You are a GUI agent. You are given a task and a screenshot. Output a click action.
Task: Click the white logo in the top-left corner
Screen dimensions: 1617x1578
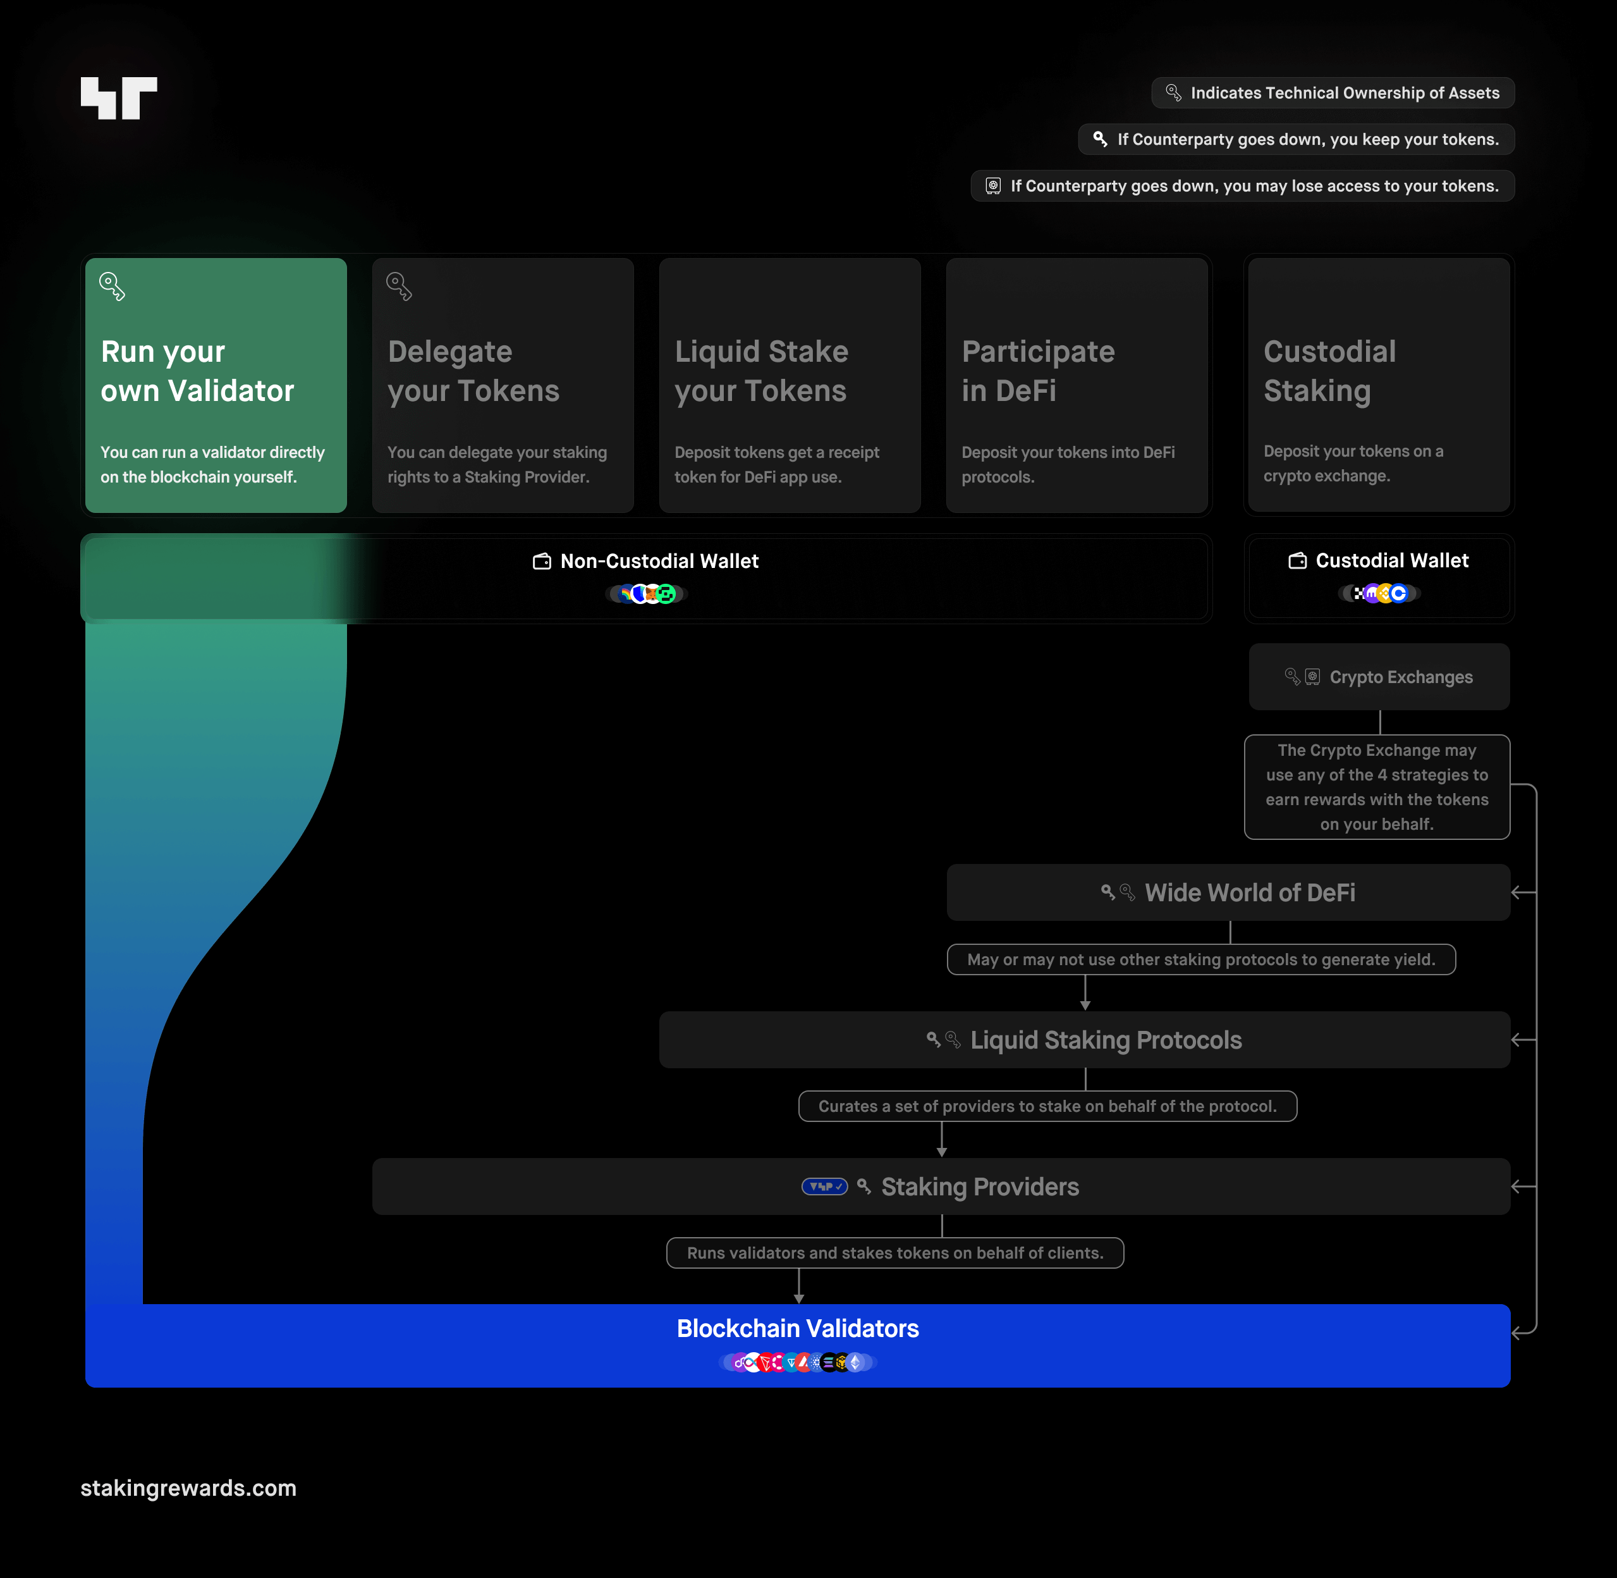pyautogui.click(x=118, y=98)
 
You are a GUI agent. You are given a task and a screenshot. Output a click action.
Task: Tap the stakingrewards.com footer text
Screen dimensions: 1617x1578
pyautogui.click(x=188, y=1488)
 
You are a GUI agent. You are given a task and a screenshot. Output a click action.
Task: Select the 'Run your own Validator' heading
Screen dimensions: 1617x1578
pyautogui.click(x=197, y=371)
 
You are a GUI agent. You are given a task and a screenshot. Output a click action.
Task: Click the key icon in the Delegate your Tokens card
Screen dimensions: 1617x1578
pyautogui.click(x=398, y=287)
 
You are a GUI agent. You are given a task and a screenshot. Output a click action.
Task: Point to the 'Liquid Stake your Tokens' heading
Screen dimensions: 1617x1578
pyautogui.click(x=761, y=371)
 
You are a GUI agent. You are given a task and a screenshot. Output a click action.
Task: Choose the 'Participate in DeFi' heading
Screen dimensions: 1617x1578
pyautogui.click(x=1038, y=371)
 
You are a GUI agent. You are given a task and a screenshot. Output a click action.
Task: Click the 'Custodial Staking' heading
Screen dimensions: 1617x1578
pyautogui.click(x=1329, y=371)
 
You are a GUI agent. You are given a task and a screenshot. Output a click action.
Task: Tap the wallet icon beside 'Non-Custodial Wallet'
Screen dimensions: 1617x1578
pyautogui.click(x=542, y=562)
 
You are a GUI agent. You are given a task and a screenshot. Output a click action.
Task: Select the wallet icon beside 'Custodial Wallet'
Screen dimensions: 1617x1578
pyautogui.click(x=1297, y=561)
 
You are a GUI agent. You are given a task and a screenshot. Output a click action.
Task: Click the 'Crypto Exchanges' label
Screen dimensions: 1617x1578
pyautogui.click(x=1401, y=677)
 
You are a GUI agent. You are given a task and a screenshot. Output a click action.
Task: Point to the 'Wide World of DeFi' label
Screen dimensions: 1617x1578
pyautogui.click(x=1250, y=892)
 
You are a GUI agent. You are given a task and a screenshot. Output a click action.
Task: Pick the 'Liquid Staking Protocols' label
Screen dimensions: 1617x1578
pyautogui.click(x=1106, y=1040)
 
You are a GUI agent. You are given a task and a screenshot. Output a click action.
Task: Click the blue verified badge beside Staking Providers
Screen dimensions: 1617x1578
pyautogui.click(x=824, y=1187)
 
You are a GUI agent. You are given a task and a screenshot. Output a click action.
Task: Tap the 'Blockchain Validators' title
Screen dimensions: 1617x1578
pyautogui.click(x=798, y=1329)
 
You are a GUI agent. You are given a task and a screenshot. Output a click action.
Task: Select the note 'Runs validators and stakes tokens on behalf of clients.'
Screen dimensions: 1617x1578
pyautogui.click(x=894, y=1253)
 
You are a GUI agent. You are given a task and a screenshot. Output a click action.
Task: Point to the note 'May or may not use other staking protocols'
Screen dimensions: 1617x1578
pyautogui.click(x=1201, y=959)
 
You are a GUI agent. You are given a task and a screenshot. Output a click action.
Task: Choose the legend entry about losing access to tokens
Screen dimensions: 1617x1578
pyautogui.click(x=1243, y=186)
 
